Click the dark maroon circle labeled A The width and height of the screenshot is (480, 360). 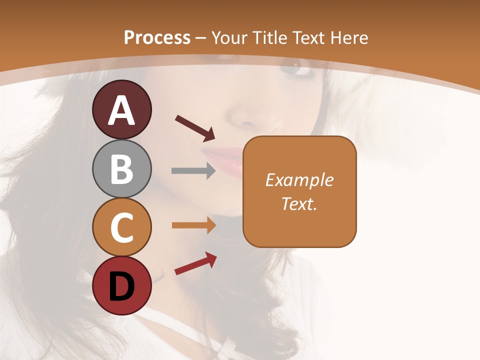tap(121, 110)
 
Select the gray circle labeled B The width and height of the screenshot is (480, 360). tap(121, 169)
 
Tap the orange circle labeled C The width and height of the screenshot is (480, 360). tap(121, 227)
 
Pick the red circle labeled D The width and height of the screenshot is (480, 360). tap(121, 286)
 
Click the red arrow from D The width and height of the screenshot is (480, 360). tap(195, 263)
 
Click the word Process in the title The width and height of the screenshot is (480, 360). tap(157, 37)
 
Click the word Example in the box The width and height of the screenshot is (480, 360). tap(299, 180)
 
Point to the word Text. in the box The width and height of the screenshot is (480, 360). tap(299, 203)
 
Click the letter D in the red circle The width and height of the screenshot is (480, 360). tap(121, 287)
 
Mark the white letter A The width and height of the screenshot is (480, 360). tap(121, 111)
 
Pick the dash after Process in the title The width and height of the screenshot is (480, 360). tap(201, 38)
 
